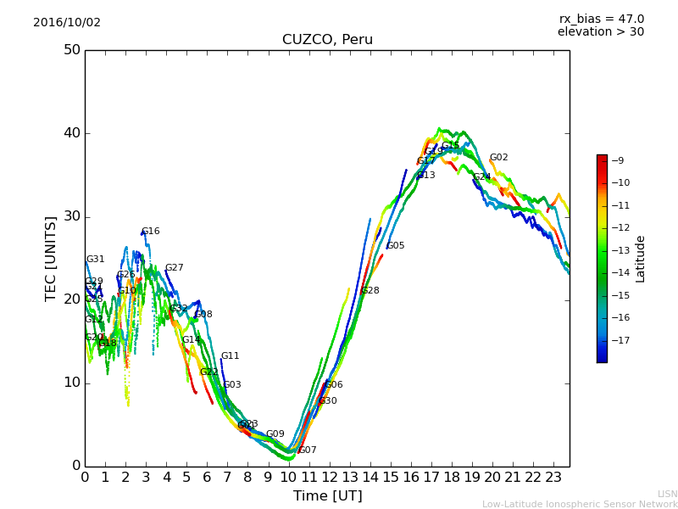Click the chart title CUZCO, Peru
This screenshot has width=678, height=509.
[x=327, y=40]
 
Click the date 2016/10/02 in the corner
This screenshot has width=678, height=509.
[x=67, y=23]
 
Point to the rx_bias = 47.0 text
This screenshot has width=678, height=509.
[x=601, y=20]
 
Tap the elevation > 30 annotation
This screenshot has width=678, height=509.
[x=600, y=32]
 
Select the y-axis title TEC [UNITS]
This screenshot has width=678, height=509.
[x=51, y=258]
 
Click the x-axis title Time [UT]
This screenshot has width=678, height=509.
[x=327, y=496]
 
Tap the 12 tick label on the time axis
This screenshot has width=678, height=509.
[x=329, y=478]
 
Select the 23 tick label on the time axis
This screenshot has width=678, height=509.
[x=553, y=478]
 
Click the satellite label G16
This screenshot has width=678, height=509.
[x=151, y=232]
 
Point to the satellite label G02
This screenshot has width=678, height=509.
[x=499, y=158]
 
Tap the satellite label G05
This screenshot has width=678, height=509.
[x=396, y=246]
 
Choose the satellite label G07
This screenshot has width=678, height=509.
[x=308, y=450]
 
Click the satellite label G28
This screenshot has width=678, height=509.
[x=370, y=291]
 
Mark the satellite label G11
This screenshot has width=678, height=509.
[x=231, y=356]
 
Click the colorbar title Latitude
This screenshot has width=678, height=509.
[x=641, y=259]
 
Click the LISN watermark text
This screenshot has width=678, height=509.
[x=667, y=494]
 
